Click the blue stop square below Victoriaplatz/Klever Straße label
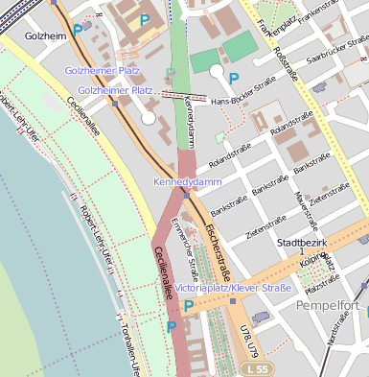coord(232,301)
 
